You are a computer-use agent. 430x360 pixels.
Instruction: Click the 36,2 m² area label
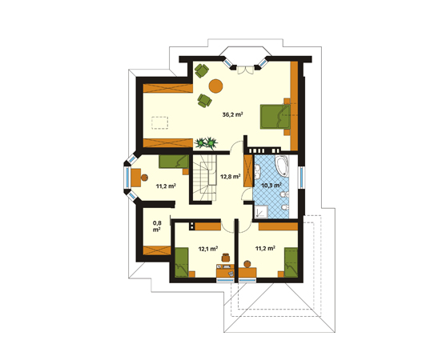click(232, 114)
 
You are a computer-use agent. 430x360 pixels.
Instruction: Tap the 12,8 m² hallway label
click(231, 177)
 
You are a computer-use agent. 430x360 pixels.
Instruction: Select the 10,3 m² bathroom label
click(271, 186)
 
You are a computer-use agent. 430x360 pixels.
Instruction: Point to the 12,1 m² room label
click(208, 249)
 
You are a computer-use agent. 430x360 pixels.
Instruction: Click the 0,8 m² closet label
click(157, 226)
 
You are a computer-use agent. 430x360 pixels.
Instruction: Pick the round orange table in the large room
click(215, 86)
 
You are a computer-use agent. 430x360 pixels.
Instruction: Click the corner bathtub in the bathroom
click(282, 166)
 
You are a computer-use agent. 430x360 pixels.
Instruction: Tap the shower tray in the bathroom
click(261, 212)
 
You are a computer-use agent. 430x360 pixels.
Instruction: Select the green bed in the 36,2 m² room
click(275, 117)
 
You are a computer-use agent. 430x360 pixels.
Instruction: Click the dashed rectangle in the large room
click(159, 122)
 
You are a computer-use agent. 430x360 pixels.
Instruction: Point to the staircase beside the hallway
click(205, 178)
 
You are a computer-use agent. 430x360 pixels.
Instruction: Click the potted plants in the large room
click(206, 143)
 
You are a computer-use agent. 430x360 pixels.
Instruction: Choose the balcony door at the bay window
click(245, 70)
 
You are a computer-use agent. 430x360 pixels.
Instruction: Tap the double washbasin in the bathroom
click(258, 172)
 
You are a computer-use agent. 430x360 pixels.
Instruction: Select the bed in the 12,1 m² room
click(182, 262)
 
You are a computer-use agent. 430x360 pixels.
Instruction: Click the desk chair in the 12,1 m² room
click(226, 258)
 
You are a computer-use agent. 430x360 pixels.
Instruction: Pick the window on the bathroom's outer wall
click(302, 177)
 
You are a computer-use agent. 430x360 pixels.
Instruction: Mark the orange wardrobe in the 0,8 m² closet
click(157, 250)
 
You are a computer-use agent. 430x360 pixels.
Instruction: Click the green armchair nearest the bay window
click(202, 70)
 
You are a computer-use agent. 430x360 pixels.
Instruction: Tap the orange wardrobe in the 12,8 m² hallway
click(248, 171)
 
